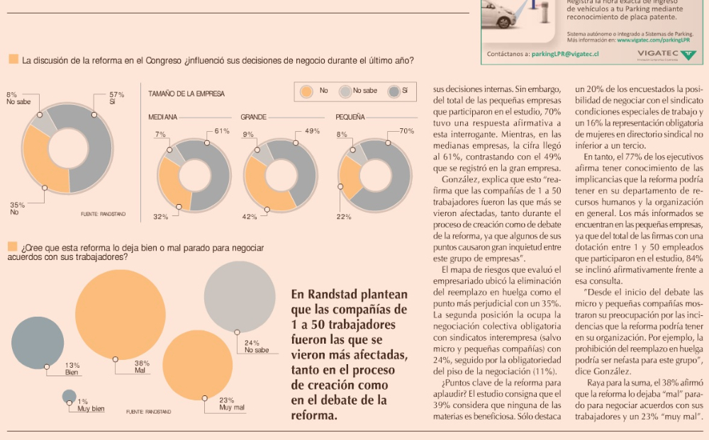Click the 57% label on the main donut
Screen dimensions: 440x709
point(117,94)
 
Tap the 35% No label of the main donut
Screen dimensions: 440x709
point(17,205)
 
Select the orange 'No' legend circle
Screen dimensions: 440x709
point(306,91)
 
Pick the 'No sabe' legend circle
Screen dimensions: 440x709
point(345,91)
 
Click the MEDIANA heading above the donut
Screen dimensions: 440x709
point(162,116)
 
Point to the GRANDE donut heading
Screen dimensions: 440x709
point(253,116)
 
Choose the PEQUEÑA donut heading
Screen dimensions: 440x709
point(350,116)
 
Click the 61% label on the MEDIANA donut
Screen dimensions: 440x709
point(222,131)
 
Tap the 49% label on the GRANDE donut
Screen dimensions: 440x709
point(312,131)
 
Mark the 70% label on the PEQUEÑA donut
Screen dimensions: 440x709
point(406,131)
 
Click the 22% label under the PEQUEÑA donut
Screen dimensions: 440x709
point(344,217)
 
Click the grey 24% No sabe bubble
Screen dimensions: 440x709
point(239,296)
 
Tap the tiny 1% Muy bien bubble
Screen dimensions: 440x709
point(69,396)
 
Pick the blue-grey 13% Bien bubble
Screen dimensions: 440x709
point(38,343)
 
